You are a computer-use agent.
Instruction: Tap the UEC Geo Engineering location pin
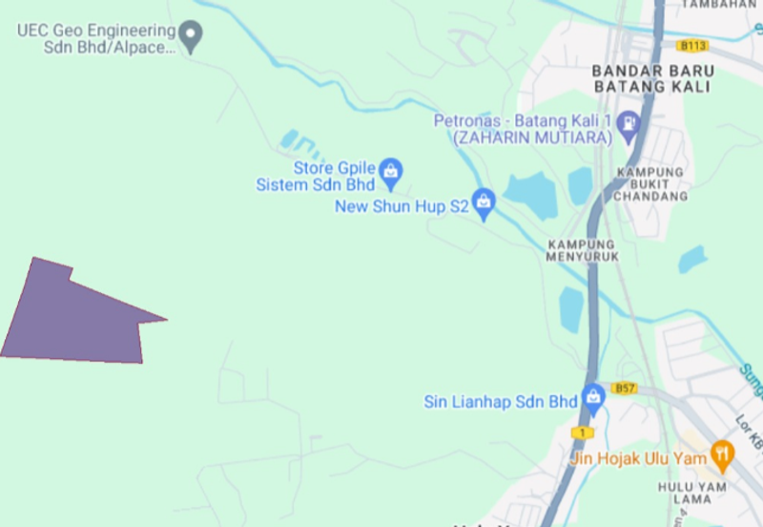pos(192,36)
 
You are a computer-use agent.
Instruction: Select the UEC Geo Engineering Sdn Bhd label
pos(96,38)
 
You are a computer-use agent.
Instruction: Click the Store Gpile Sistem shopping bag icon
pos(390,172)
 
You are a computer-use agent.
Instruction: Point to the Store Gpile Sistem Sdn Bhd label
pos(316,177)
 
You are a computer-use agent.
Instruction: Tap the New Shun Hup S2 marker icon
pos(484,201)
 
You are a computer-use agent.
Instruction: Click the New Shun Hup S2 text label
pos(402,206)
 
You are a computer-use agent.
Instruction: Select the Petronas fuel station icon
pos(629,124)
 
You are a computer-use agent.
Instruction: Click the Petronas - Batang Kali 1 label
pos(522,129)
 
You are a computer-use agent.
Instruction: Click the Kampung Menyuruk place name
pos(583,250)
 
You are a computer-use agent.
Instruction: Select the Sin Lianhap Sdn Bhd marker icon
pos(594,395)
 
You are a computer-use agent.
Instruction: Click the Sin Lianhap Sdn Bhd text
pos(501,402)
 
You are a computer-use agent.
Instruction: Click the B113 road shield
pos(693,45)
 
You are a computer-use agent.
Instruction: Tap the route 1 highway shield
pos(581,432)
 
